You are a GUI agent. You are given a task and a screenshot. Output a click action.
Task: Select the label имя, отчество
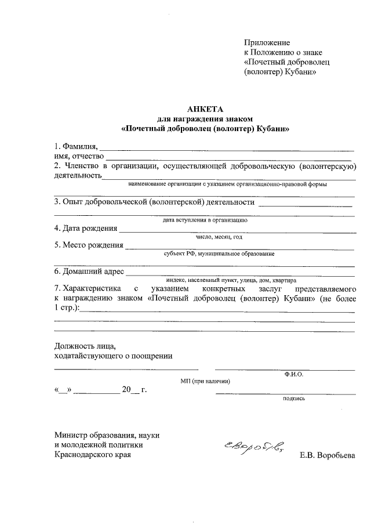[78, 156]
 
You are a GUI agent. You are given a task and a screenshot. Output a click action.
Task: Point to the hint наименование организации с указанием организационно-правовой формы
[227, 184]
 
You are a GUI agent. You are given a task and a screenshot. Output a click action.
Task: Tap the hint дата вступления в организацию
[205, 220]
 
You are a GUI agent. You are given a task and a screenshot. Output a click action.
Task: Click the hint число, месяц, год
[219, 238]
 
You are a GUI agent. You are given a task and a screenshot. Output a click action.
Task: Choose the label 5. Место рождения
[88, 245]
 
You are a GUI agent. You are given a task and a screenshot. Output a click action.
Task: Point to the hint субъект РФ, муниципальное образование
[219, 254]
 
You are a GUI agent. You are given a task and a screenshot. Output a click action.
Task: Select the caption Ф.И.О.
[293, 375]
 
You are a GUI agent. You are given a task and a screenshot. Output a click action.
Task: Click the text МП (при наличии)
[206, 381]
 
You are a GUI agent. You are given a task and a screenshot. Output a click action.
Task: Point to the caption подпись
[294, 399]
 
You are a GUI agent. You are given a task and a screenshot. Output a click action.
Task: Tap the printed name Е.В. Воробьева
[327, 455]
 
